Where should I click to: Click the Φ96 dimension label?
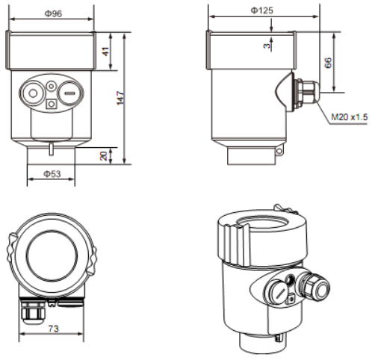pos(53,13)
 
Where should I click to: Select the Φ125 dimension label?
pos(261,10)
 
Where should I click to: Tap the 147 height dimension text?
pos(120,98)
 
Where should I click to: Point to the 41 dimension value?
pos(106,52)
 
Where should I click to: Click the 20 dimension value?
pos(103,156)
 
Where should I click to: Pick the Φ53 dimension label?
pos(52,174)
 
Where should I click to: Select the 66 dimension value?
pos(328,63)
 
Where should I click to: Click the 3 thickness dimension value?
pos(267,46)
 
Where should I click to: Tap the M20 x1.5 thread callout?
pos(350,117)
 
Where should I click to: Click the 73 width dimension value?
pos(53,329)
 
